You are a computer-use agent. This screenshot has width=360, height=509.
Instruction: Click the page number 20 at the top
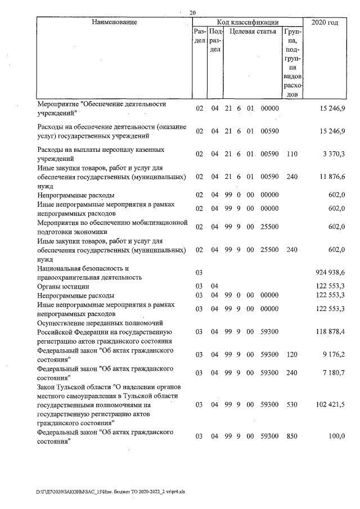click(193, 12)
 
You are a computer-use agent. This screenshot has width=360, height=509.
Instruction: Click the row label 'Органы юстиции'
click(60, 286)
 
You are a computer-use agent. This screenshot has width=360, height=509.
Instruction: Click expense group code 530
click(291, 404)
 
